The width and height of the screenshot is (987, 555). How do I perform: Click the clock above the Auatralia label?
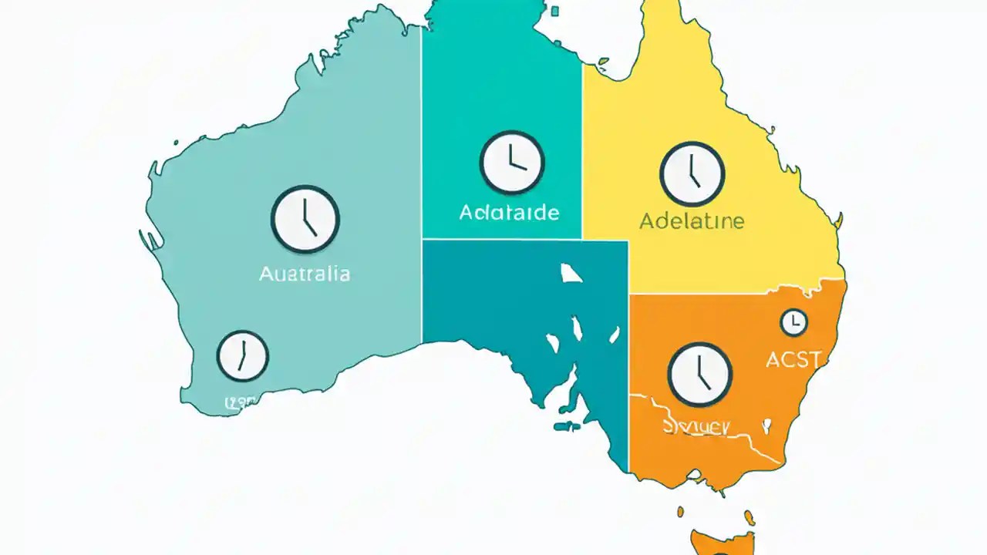[305, 219]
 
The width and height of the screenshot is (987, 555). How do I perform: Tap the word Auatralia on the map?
[305, 274]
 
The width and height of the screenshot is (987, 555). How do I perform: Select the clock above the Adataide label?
[512, 162]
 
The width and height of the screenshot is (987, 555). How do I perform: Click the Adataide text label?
[509, 212]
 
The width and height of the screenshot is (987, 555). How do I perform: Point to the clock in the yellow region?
[692, 173]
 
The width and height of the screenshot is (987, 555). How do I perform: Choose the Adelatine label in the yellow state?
[692, 222]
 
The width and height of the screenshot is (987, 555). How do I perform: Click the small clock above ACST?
[793, 322]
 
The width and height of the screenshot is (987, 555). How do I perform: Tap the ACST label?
[794, 358]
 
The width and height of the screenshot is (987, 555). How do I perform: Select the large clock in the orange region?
[699, 375]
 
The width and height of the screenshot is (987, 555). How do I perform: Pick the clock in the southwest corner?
[242, 356]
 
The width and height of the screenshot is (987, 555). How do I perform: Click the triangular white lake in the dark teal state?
[571, 273]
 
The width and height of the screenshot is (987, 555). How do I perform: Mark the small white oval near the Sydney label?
[767, 424]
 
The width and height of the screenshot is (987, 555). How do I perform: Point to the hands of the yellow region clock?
[693, 173]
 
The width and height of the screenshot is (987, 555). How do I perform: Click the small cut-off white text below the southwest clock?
[240, 402]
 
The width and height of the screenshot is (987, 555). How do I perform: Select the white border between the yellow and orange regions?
[736, 293]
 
